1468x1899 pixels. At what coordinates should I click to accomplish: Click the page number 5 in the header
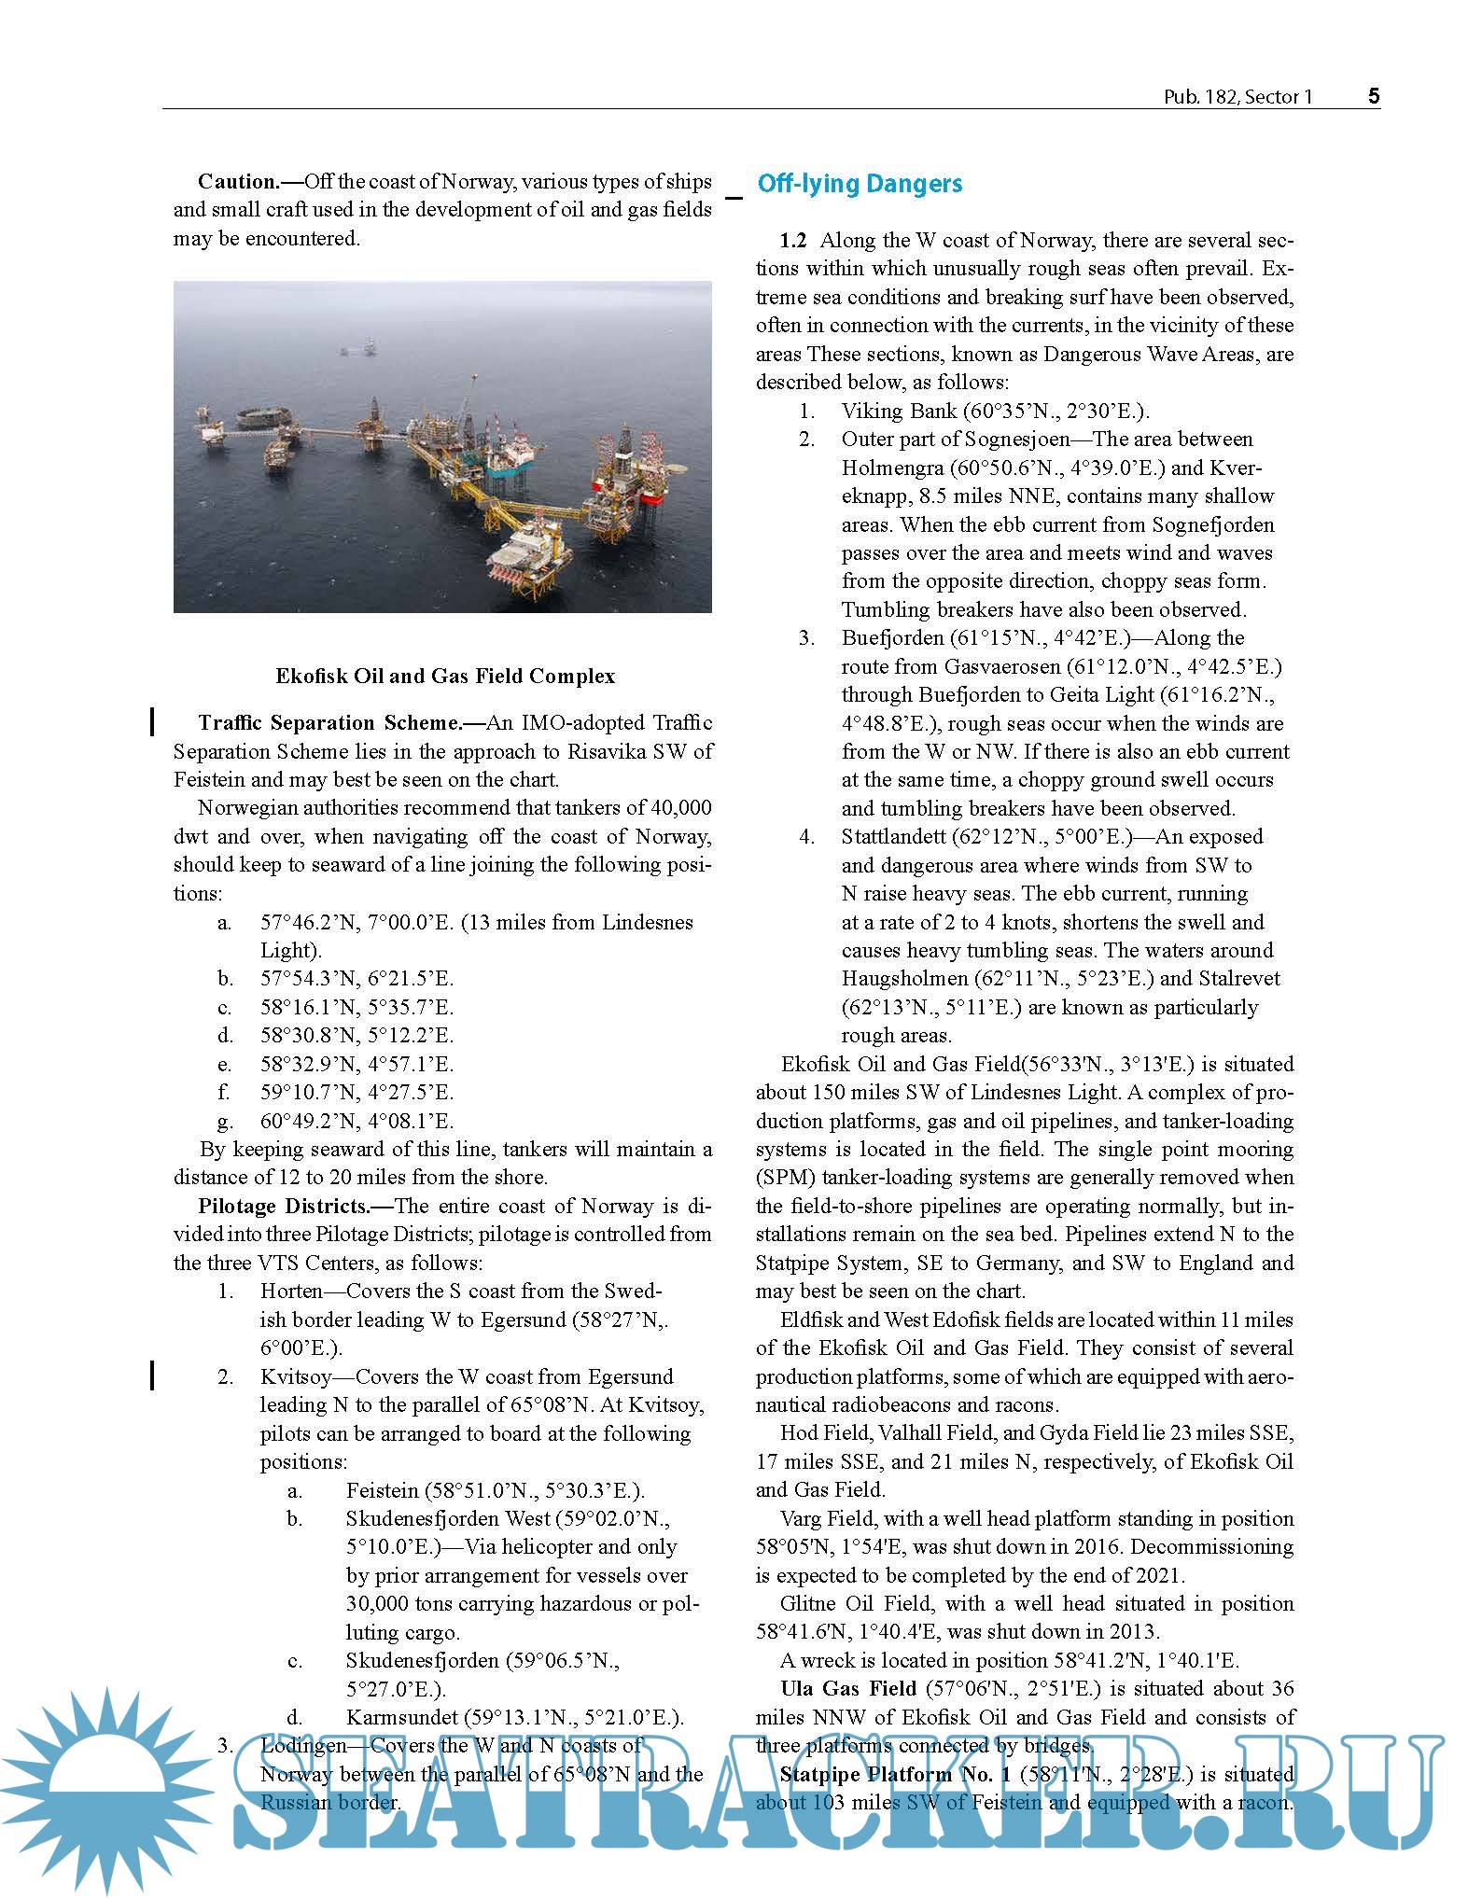1373,96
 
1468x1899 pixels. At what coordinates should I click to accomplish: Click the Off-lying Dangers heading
859,183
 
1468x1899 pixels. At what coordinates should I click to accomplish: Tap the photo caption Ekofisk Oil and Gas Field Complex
445,676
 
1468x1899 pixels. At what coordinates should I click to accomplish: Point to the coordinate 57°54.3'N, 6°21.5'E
357,978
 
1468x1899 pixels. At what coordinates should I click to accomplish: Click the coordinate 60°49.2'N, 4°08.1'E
357,1120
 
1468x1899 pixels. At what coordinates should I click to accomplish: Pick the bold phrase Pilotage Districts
283,1205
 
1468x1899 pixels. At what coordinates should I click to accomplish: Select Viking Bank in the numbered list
899,411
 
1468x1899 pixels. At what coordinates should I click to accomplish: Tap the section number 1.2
792,241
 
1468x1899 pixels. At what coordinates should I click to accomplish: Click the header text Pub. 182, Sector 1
1237,97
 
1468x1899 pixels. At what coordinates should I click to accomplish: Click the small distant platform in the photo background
358,349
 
